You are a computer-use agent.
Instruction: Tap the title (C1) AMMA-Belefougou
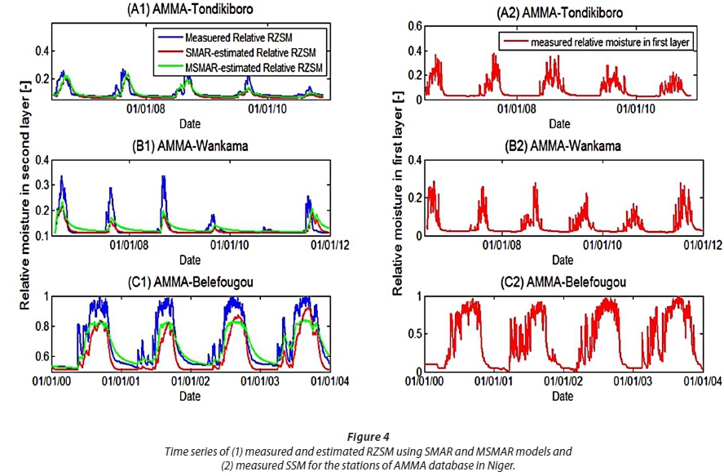point(189,282)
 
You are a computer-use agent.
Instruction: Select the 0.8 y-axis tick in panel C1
point(39,327)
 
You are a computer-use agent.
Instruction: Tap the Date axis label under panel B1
point(189,260)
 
